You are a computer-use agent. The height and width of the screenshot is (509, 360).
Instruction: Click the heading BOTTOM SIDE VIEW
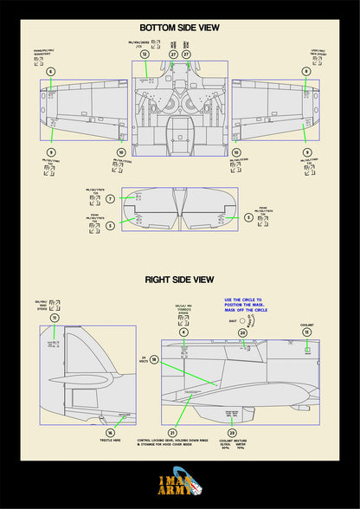tap(179, 28)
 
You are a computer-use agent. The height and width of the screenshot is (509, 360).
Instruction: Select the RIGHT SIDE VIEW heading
tap(179, 280)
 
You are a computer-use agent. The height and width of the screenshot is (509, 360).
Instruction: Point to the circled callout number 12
tap(145, 54)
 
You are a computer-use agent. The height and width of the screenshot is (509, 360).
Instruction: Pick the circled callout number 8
tap(306, 71)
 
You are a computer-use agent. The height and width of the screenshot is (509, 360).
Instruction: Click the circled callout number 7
tap(111, 199)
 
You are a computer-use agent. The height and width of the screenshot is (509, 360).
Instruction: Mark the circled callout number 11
tap(55, 318)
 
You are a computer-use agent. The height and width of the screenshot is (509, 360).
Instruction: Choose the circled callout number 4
tap(183, 332)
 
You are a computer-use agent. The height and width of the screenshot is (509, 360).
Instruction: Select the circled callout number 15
tap(306, 332)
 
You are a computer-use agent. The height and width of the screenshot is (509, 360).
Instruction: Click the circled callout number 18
tap(154, 358)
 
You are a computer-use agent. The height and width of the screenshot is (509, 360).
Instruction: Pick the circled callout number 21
tap(172, 432)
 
